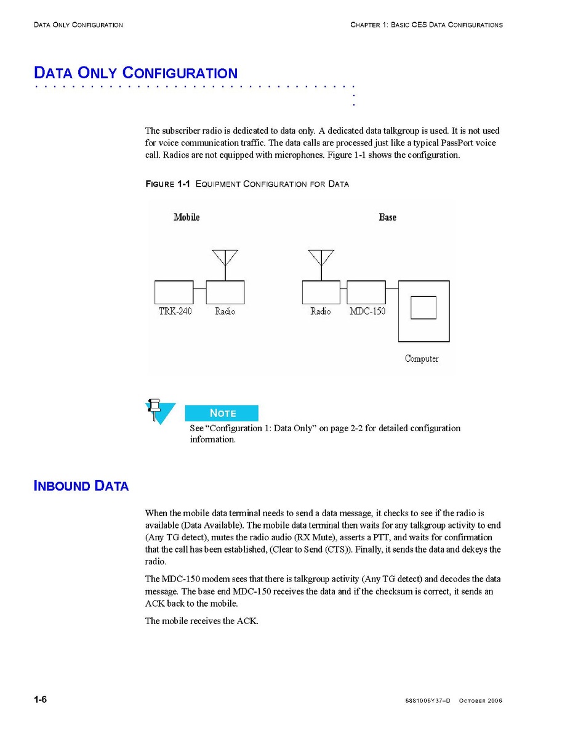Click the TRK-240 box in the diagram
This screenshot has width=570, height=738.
tap(174, 292)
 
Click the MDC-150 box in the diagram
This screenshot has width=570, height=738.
tap(366, 292)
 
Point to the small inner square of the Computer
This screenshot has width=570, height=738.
tap(423, 307)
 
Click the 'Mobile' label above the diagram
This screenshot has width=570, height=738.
tap(187, 217)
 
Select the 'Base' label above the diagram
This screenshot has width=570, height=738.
tap(387, 217)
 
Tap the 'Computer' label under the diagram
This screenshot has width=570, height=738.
tap(422, 358)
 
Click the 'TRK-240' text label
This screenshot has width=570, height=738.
tap(175, 312)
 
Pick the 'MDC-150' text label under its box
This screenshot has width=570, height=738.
tap(367, 312)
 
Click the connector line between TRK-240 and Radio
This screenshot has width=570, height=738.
tap(199, 288)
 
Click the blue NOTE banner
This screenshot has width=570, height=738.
tap(222, 413)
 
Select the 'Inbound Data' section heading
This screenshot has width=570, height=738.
tap(81, 486)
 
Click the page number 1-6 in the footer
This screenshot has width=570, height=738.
tap(41, 700)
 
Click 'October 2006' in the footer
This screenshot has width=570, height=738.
tap(481, 701)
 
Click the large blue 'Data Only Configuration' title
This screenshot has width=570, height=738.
tap(135, 73)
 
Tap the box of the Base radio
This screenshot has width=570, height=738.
tap(321, 292)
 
